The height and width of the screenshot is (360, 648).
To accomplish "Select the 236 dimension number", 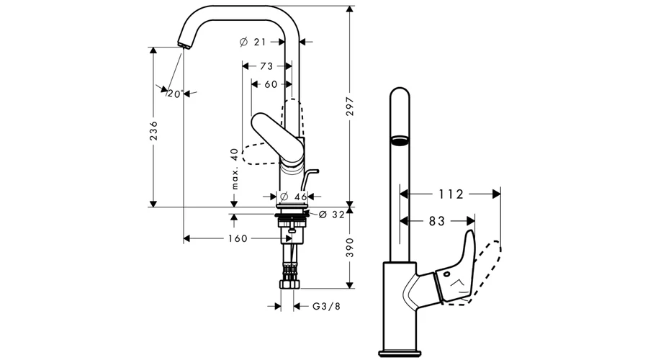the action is (x=153, y=130).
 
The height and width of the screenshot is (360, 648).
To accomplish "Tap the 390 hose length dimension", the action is (x=350, y=248).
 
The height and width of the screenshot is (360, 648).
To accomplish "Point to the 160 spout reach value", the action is (x=238, y=238).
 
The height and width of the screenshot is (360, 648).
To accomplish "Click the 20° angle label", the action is (x=175, y=94).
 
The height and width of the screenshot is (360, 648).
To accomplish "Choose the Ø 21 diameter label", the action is (x=253, y=42).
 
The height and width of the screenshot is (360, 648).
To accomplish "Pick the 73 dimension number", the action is (x=266, y=66).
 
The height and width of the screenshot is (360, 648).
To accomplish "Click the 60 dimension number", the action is (x=271, y=84).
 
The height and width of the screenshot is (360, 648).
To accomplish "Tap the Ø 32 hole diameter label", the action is (x=331, y=214).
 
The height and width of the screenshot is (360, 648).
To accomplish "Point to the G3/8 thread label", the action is (x=326, y=306).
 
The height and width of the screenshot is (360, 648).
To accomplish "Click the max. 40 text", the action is (x=235, y=168).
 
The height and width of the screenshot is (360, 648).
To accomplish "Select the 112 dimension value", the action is (x=451, y=194).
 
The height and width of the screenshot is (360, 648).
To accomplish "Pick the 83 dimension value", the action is (x=437, y=221).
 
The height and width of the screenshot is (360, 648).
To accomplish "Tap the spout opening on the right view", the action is (x=399, y=141).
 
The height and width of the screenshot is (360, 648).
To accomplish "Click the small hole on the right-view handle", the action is (x=447, y=274).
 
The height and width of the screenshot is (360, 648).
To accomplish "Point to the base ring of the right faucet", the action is (x=400, y=354).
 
